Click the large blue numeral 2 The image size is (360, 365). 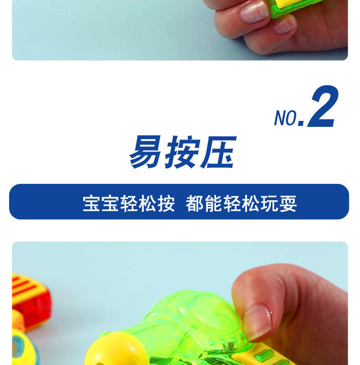click(x=323, y=106)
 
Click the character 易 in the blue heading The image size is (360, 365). click(x=145, y=152)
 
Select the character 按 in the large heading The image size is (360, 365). click(x=182, y=152)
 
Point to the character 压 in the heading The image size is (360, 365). click(x=219, y=152)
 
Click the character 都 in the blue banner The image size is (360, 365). click(x=195, y=203)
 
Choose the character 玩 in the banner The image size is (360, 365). click(x=269, y=203)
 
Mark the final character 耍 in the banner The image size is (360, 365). click(x=288, y=203)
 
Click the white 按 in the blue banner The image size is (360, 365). click(x=166, y=203)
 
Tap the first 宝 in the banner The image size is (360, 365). click(x=92, y=203)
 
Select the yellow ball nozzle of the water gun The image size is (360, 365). click(x=116, y=349)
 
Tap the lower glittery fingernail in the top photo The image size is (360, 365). click(x=284, y=25)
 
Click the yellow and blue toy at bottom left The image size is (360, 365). click(x=23, y=344)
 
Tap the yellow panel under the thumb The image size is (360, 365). click(x=267, y=354)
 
